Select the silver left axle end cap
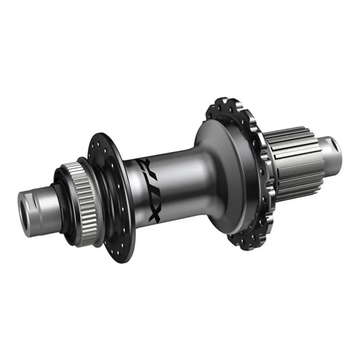point(37,211)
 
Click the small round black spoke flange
point(112,198)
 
